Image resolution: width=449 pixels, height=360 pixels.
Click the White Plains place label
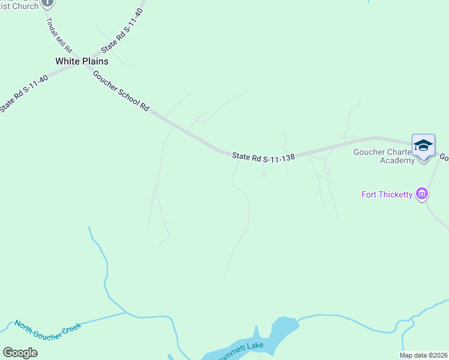pyautogui.click(x=82, y=61)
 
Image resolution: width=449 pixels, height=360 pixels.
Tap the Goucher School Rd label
pyautogui.click(x=120, y=91)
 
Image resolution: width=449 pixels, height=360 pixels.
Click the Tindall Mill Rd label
pyautogui.click(x=60, y=35)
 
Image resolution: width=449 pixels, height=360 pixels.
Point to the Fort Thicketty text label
pyautogui.click(x=387, y=194)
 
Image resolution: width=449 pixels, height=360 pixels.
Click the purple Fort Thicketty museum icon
pyautogui.click(x=423, y=194)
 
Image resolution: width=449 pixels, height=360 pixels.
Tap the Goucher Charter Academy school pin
pyautogui.click(x=423, y=146)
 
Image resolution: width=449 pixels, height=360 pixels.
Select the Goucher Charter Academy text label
pyautogui.click(x=384, y=156)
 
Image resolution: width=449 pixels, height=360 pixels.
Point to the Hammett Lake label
pyautogui.click(x=240, y=347)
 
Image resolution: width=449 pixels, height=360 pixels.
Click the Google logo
pyautogui.click(x=20, y=353)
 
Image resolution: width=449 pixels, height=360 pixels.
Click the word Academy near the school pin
pyautogui.click(x=397, y=160)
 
